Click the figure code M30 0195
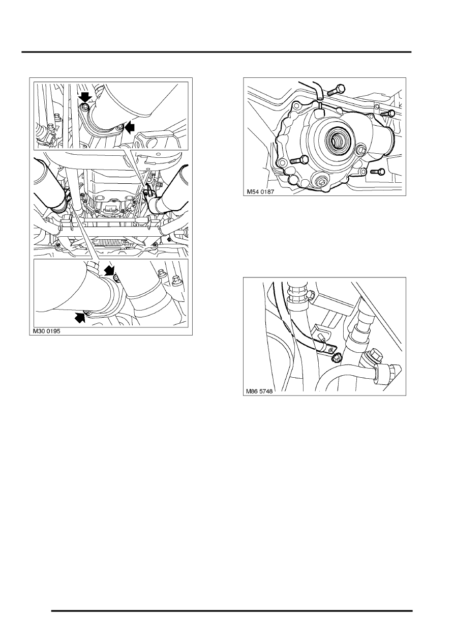tap(46, 330)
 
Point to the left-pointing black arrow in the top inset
tap(130, 127)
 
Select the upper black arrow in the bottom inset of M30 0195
tap(109, 270)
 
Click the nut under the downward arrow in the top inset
tap(85, 107)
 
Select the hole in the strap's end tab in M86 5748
tap(332, 349)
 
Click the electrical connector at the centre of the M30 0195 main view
tap(112, 208)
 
